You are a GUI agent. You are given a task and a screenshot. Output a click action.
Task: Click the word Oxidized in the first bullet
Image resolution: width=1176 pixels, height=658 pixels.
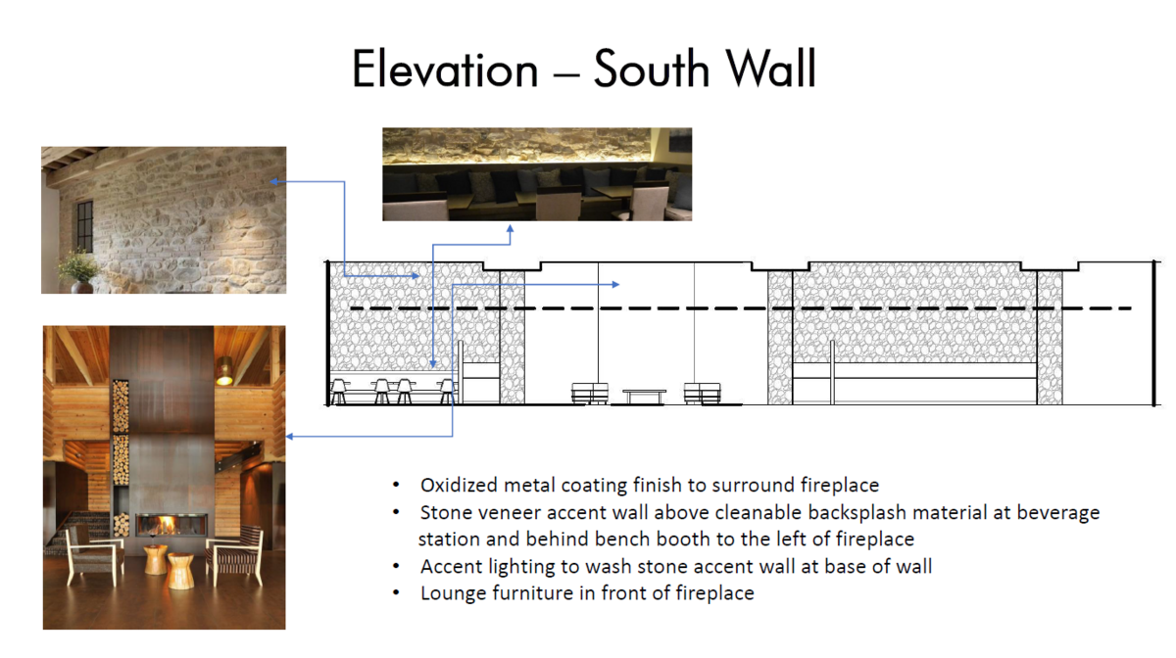coord(457,485)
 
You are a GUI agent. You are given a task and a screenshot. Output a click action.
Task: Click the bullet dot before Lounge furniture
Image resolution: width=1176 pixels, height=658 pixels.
coord(395,593)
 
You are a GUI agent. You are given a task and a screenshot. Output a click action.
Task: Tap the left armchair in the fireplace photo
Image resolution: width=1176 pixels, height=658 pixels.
coord(92,554)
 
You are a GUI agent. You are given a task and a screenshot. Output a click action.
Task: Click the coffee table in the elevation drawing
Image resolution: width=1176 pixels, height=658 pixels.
coord(644,396)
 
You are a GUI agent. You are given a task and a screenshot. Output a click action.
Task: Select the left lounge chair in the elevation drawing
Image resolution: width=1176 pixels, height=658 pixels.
coord(590,393)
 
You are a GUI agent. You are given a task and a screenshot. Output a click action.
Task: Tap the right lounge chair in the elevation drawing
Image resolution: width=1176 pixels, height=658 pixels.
coord(702,393)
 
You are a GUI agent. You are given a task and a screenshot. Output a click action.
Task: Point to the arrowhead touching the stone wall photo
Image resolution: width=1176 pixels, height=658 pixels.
coord(275,181)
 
